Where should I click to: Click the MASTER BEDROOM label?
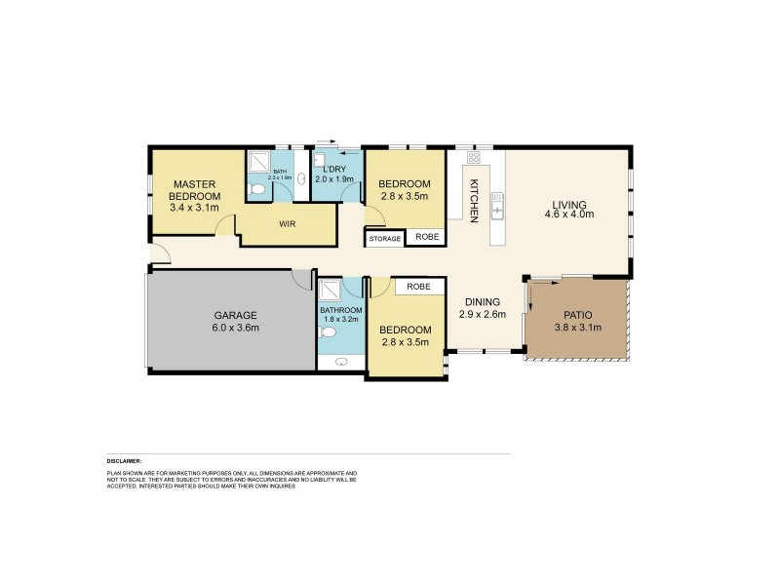tap(194, 189)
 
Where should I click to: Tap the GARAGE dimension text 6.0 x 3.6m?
tap(236, 329)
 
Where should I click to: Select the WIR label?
tap(287, 223)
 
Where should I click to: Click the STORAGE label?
tap(383, 237)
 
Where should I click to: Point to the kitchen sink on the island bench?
tap(497, 209)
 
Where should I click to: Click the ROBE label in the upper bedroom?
tap(426, 237)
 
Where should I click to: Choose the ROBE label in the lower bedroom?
tap(419, 287)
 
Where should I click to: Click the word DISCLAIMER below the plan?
tap(125, 460)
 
